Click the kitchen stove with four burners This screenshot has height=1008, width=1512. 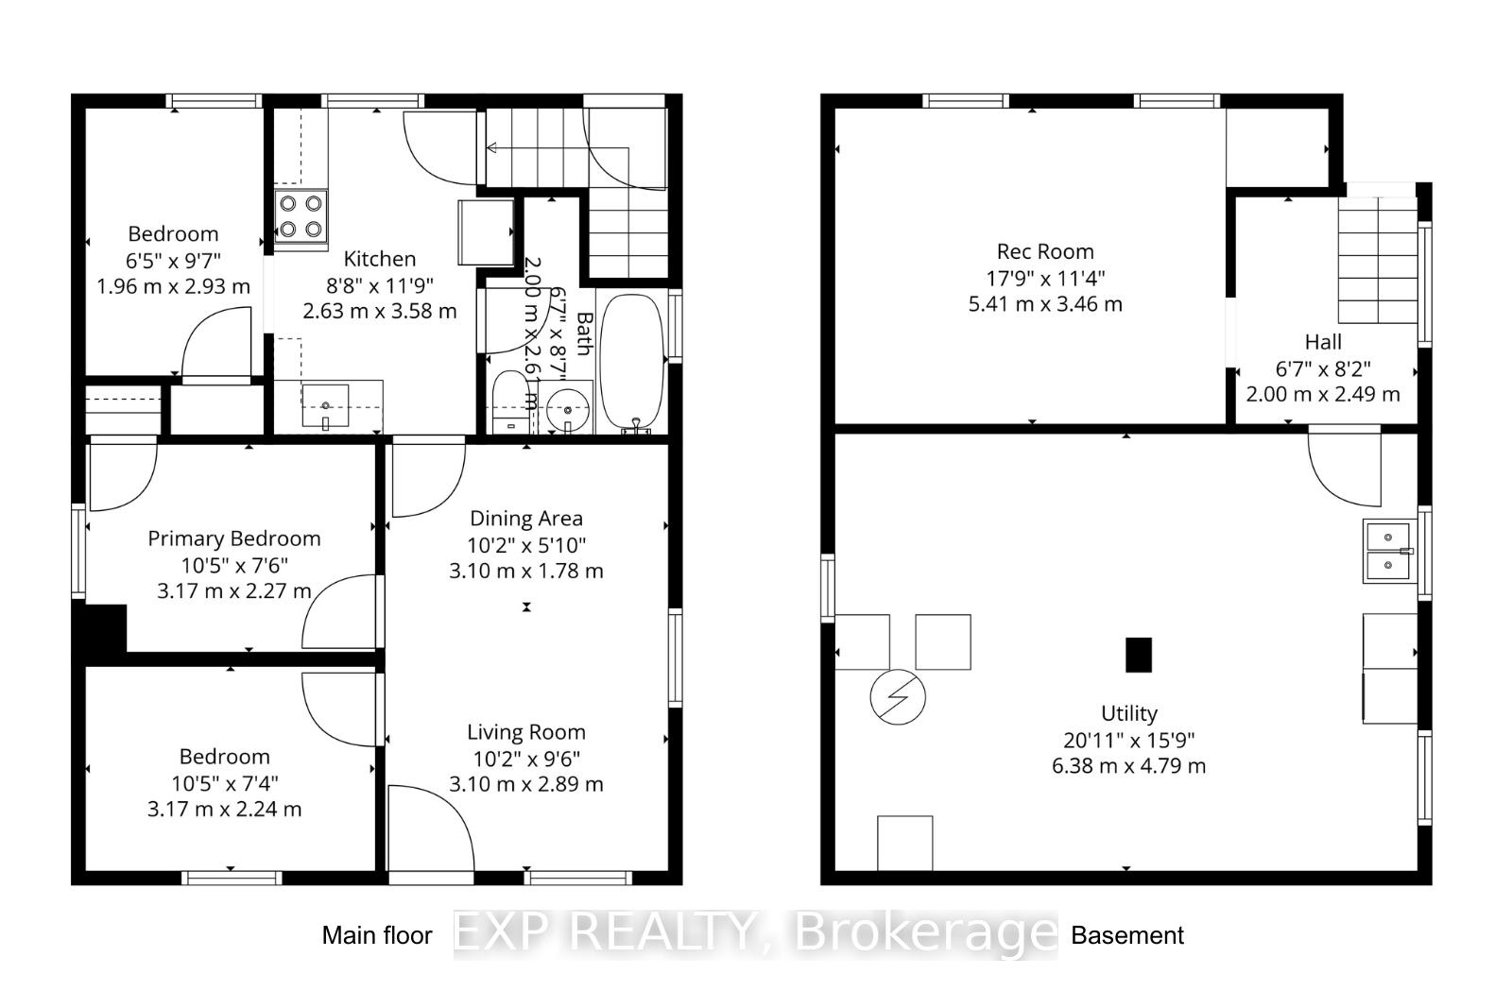(301, 216)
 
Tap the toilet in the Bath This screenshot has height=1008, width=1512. (511, 401)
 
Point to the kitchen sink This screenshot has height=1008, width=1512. (326, 406)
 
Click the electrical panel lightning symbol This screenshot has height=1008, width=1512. (898, 697)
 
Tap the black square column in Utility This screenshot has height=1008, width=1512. (1139, 655)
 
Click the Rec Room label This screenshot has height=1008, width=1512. (1045, 251)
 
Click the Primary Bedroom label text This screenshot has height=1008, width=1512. (234, 538)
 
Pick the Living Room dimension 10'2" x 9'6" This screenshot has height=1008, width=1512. (526, 758)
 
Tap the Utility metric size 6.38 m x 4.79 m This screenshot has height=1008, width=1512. (1128, 765)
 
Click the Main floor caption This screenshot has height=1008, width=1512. (377, 935)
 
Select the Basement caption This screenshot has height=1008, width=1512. (1126, 935)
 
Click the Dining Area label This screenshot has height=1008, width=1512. (526, 518)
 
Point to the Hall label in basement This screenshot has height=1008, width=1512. (1323, 342)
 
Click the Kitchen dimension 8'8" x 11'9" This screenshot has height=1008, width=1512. (380, 284)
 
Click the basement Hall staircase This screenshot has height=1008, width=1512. (1378, 260)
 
